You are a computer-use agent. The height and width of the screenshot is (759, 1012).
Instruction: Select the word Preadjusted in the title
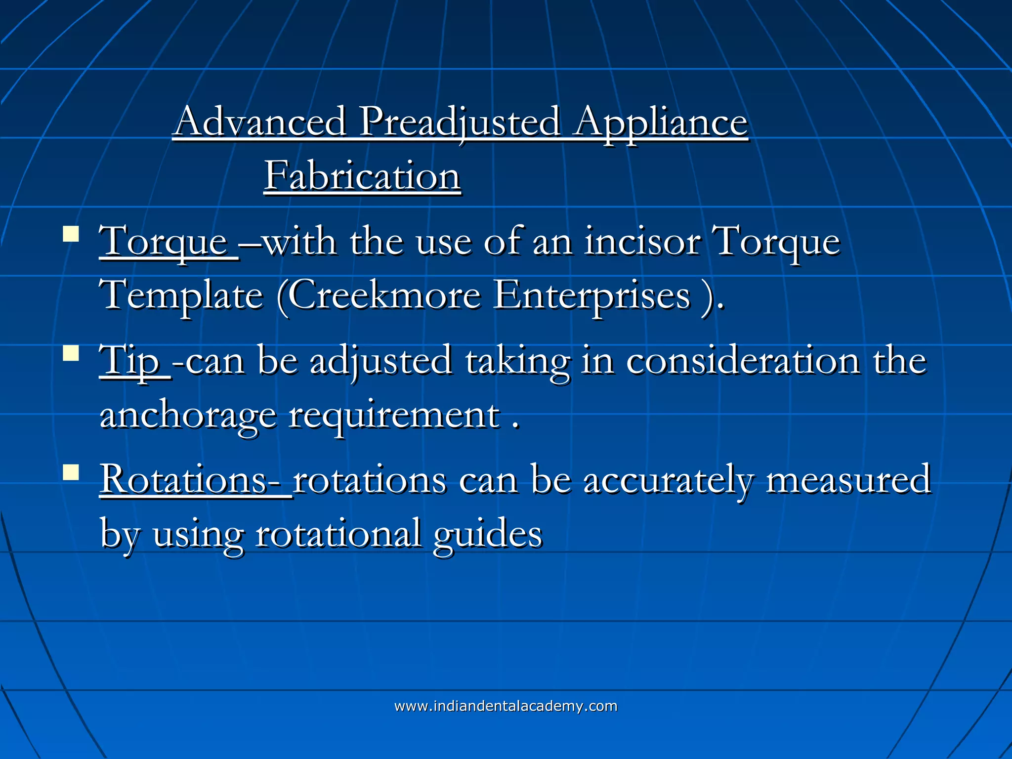click(460, 123)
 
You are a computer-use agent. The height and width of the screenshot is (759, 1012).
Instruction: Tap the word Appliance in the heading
click(661, 123)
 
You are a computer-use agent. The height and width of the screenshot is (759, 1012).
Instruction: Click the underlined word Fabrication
click(362, 176)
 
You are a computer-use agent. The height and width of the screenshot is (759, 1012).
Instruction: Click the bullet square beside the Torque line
click(71, 234)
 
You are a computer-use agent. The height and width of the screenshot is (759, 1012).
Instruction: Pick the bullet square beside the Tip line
click(71, 353)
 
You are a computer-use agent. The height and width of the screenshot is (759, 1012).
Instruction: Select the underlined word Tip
click(129, 361)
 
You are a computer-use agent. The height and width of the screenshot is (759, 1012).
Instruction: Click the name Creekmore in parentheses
click(384, 295)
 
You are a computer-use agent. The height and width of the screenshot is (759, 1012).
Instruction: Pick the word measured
click(848, 480)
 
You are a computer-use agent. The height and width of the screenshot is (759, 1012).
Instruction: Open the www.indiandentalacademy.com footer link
click(506, 706)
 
